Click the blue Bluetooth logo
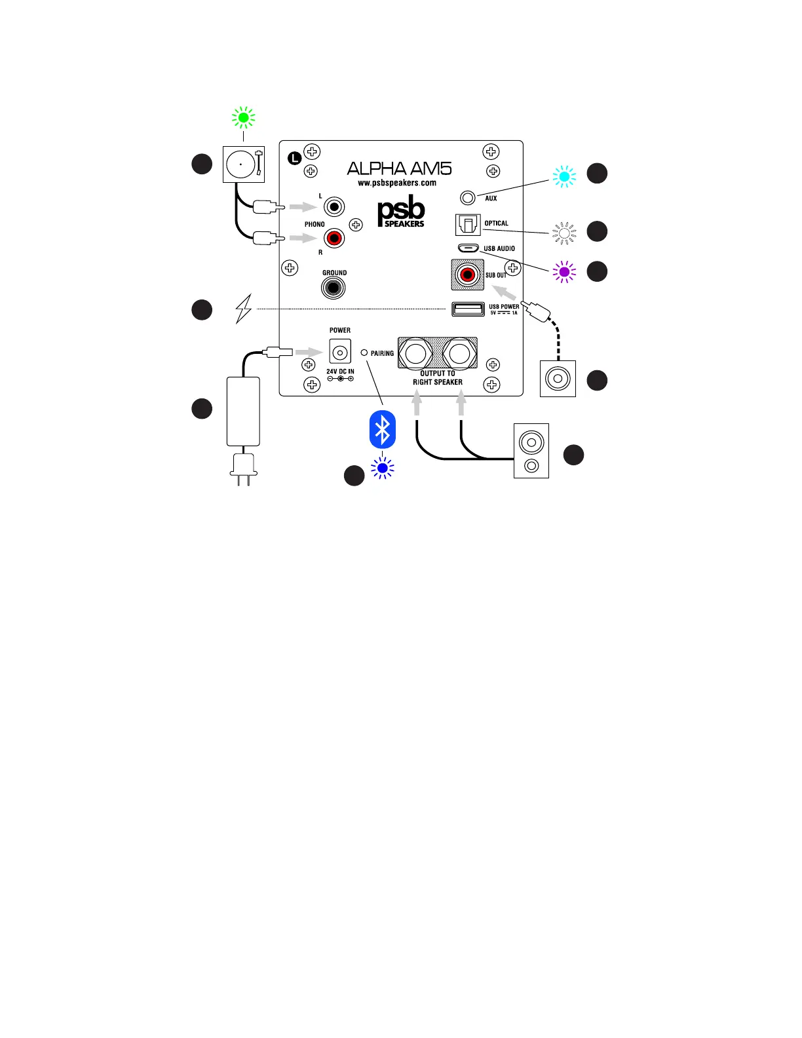pos(383,430)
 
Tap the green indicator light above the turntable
pos(244,118)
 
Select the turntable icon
pos(244,164)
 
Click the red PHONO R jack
pos(334,238)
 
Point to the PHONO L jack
pos(334,207)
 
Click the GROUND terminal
pos(334,288)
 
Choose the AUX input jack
pos(468,197)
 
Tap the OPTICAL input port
pos(468,225)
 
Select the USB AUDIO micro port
pos(468,248)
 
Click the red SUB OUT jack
pos(468,275)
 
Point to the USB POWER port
pos(468,309)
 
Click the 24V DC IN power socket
pos(340,353)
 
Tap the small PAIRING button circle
pos(364,353)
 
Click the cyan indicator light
pos(564,176)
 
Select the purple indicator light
pos(564,271)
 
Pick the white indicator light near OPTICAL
pos(564,233)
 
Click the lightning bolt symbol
pos(244,308)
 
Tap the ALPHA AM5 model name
pos(399,169)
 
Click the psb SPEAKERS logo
pos(401,212)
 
